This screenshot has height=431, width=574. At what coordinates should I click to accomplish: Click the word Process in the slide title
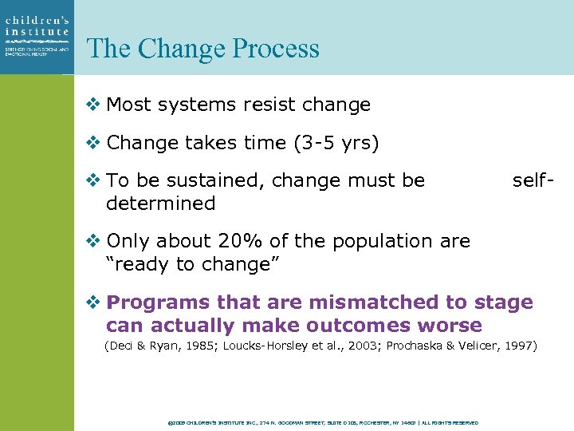tap(276, 49)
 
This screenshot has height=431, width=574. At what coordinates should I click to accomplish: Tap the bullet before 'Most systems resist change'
tap(94, 105)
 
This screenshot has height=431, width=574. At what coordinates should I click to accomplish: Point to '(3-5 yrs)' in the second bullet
tap(335, 143)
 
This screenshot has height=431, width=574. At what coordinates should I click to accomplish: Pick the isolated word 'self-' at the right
tap(532, 180)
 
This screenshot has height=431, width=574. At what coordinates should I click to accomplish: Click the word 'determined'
tap(160, 204)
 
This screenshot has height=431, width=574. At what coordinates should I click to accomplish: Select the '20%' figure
tap(249, 241)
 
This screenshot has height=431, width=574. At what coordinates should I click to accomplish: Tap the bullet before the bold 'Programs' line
tap(94, 302)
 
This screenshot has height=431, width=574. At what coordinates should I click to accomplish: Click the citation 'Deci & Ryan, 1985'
tap(162, 346)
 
